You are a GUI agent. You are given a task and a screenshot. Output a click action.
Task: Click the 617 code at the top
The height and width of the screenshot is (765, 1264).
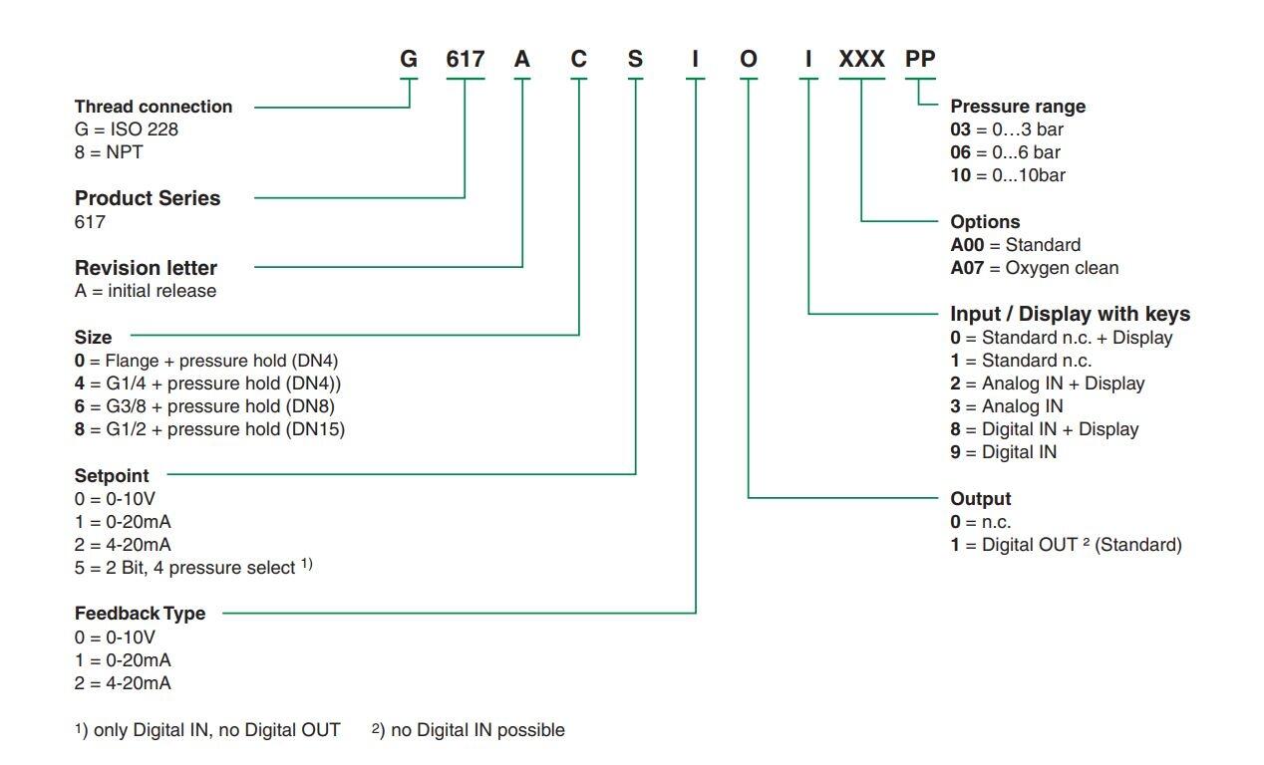tap(465, 59)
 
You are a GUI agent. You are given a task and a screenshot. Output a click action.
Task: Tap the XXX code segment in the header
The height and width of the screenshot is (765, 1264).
tap(861, 59)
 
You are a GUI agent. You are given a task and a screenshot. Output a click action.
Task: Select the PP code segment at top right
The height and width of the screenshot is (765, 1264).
tap(919, 59)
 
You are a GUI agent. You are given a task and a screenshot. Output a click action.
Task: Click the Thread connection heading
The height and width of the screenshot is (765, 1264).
tap(154, 107)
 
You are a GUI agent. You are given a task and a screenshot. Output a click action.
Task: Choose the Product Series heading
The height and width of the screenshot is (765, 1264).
tap(148, 198)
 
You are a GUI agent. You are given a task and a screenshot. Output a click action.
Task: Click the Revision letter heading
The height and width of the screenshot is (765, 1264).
tap(146, 268)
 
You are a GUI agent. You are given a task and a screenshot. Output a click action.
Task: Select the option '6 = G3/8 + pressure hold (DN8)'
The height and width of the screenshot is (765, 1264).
tap(204, 406)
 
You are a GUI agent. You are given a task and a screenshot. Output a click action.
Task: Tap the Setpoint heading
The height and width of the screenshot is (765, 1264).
tap(112, 476)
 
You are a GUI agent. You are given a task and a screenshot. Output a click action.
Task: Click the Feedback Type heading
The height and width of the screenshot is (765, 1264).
tap(140, 614)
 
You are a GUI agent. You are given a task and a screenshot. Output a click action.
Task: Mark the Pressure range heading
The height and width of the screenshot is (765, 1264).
tap(1018, 107)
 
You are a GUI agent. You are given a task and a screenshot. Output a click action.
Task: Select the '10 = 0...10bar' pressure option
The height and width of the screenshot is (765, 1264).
tap(1008, 175)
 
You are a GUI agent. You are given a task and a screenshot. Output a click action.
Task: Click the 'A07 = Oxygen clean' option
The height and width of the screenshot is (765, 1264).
tap(1034, 268)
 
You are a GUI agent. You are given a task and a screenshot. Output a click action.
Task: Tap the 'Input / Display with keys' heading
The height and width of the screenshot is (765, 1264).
tap(1070, 314)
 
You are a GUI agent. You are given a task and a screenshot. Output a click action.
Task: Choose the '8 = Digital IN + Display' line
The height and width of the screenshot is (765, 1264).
tap(1044, 429)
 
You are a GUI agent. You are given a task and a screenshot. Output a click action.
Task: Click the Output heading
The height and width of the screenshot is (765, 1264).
tap(981, 499)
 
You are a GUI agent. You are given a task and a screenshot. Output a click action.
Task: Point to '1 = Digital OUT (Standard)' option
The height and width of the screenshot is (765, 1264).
tap(1066, 545)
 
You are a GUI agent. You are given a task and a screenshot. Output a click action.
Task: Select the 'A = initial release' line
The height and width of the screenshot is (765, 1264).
tap(146, 291)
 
